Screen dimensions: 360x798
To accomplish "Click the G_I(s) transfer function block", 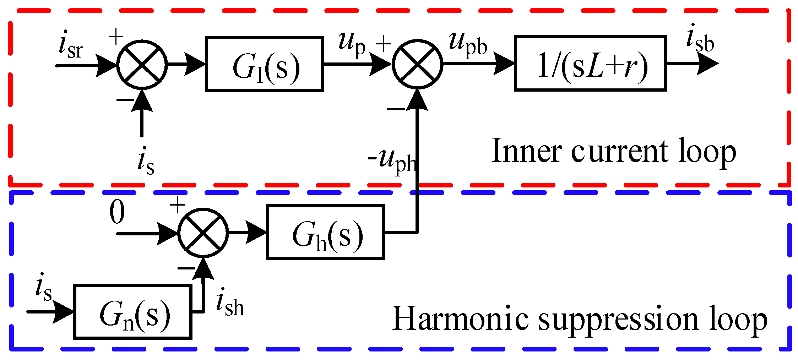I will (x=264, y=64).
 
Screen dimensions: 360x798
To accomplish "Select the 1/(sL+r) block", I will (x=590, y=64).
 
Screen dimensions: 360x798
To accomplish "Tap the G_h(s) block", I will (x=325, y=233).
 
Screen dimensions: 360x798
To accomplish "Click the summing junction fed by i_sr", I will (x=142, y=65).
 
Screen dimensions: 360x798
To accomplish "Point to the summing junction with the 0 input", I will (x=203, y=233).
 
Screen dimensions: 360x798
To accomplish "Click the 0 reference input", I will (x=117, y=212).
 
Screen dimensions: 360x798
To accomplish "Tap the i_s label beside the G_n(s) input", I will (x=43, y=288).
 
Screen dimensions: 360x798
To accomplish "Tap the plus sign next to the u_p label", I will (x=383, y=44).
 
